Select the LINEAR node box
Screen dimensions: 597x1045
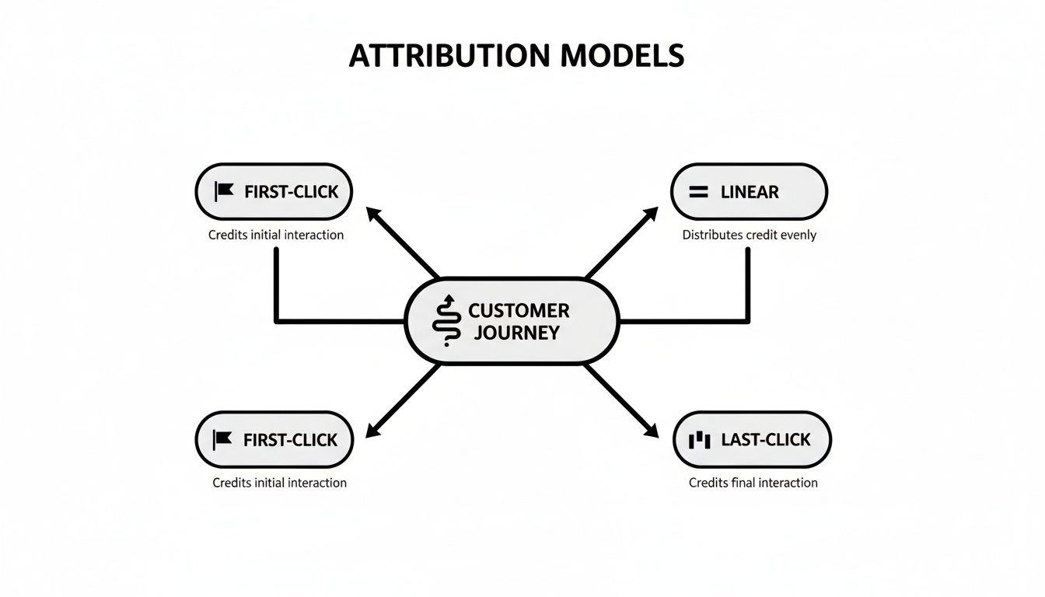point(749,192)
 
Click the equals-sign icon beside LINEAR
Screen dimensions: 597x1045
point(698,192)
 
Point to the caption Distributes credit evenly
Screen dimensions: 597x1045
point(749,235)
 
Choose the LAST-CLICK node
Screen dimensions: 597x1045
point(752,440)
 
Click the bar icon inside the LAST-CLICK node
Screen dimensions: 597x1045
point(700,440)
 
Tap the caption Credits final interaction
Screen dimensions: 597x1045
point(753,483)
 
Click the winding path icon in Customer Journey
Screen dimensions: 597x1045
point(445,321)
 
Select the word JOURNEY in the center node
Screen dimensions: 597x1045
point(514,333)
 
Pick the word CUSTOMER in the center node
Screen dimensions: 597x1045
point(519,311)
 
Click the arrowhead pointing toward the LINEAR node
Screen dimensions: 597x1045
point(651,215)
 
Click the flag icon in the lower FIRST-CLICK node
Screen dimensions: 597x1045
point(223,440)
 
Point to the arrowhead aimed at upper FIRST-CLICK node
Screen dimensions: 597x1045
point(373,215)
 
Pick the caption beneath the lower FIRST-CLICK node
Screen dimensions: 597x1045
point(279,483)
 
